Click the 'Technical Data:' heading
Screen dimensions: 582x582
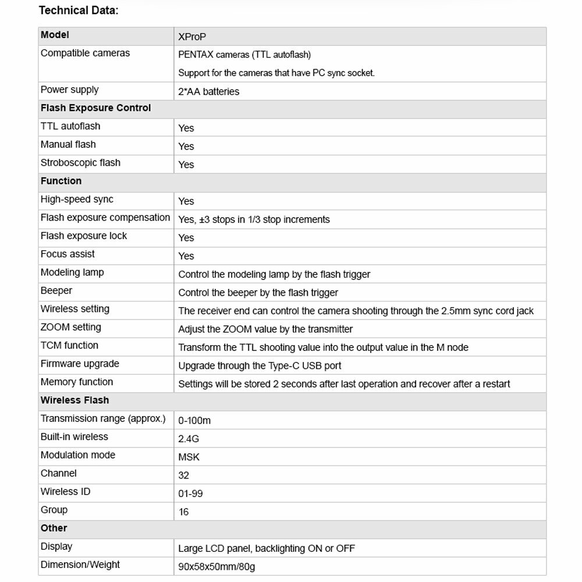78,10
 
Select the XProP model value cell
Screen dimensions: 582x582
192,37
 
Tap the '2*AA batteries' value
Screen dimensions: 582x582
208,91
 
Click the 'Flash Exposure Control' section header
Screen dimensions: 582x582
95,108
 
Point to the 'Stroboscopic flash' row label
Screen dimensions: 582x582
80,162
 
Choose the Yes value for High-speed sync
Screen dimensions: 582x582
186,201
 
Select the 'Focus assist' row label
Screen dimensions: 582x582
68,254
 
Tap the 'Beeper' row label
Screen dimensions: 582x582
56,290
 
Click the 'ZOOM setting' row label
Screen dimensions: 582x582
70,327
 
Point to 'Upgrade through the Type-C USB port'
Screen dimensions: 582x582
260,365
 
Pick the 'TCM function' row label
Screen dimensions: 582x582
69,345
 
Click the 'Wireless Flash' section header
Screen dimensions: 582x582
74,400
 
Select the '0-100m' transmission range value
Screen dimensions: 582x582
194,420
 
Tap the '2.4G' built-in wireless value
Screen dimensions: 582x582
189,438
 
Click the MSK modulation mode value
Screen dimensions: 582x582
189,457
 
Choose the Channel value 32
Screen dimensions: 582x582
184,475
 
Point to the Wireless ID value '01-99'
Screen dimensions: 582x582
190,494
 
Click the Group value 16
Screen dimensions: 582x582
184,512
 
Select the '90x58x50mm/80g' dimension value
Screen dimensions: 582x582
217,566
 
